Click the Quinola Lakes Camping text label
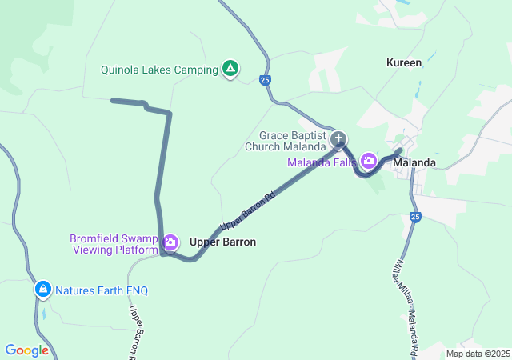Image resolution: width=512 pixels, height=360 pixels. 159,70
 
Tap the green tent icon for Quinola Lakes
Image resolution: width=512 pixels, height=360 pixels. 230,69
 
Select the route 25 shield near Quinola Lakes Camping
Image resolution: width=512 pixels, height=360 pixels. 264,79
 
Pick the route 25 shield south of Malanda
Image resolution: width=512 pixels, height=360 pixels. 414,217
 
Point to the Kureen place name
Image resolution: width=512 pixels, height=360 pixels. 403,62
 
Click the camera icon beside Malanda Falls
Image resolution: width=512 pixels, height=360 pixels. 369,161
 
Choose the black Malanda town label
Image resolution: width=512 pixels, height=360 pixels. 414,162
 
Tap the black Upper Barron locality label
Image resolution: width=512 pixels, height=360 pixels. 222,242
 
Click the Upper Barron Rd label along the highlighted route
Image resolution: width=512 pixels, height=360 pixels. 248,207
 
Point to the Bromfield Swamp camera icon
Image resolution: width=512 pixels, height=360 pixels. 170,242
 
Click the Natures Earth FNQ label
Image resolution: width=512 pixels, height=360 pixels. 102,290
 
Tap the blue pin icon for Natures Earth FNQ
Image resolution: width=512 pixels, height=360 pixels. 42,289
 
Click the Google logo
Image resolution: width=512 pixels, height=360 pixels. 26,350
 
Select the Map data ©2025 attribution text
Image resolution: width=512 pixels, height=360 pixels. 477,354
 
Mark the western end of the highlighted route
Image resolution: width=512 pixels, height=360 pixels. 112,101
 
